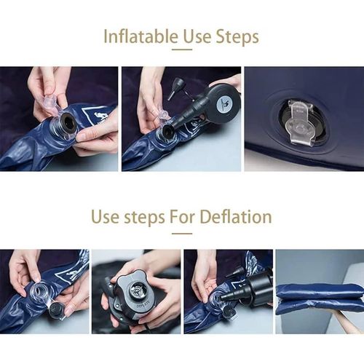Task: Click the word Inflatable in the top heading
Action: point(141,36)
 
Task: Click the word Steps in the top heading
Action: point(237,37)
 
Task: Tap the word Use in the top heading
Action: point(197,37)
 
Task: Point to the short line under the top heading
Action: point(182,50)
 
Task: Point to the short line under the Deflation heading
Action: point(182,234)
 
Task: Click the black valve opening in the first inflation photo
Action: point(68,122)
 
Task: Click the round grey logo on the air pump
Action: point(223,105)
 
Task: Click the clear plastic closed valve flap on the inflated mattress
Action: point(299,124)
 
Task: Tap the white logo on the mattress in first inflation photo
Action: point(93,114)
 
